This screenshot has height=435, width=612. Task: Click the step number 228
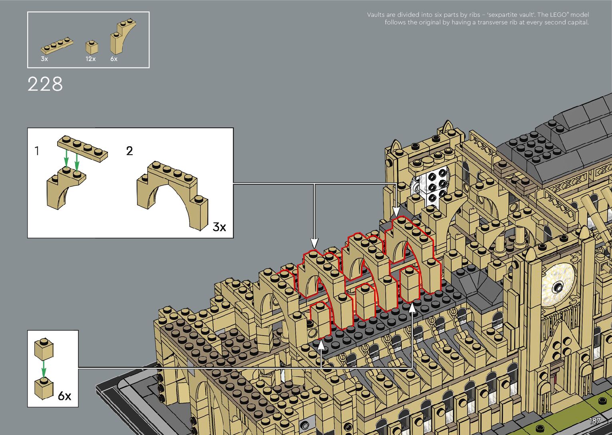[45, 84]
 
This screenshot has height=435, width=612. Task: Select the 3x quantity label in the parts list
[44, 59]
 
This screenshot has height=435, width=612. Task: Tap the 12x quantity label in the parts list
[91, 59]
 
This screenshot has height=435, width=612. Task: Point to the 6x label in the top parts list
[114, 59]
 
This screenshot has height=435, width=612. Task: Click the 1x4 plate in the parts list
[57, 46]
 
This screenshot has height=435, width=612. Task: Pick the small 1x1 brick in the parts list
[92, 48]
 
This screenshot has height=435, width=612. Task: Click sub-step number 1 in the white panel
[37, 151]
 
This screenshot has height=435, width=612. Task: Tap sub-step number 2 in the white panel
[130, 151]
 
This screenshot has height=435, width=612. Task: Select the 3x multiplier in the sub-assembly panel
[219, 227]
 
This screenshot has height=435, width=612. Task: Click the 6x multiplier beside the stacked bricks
[65, 396]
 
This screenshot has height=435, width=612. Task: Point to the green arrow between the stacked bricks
[44, 369]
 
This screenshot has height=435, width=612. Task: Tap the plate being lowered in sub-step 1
[83, 148]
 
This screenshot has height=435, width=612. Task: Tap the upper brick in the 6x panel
[44, 350]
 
